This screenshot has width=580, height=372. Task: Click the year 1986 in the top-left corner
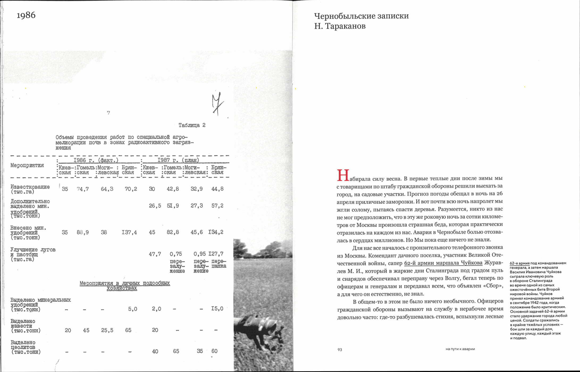[x=26, y=15]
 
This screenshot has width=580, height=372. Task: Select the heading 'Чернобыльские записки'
[x=361, y=16]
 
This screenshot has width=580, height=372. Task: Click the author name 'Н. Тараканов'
[x=340, y=26]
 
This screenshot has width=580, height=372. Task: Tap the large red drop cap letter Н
[x=343, y=176]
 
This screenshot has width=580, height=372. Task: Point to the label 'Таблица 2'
[x=192, y=125]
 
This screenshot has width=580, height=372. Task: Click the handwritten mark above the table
[x=217, y=104]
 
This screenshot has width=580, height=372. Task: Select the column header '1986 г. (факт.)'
[x=96, y=160]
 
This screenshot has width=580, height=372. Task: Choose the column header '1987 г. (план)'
[x=178, y=160]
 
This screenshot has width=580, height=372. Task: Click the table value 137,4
[x=129, y=232]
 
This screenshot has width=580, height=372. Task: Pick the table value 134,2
[x=216, y=232]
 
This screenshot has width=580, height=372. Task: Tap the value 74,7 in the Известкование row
[x=83, y=189]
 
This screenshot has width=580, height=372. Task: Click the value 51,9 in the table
[x=173, y=206]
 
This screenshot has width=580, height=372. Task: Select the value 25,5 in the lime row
[x=107, y=330]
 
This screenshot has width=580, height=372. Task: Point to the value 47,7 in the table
[x=155, y=254]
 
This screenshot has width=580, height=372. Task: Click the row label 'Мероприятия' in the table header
[x=27, y=165]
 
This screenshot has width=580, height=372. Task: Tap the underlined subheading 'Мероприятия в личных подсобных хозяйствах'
[x=124, y=285]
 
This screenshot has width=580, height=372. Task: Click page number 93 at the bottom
[x=340, y=350]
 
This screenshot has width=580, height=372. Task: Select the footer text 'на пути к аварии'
[x=460, y=349]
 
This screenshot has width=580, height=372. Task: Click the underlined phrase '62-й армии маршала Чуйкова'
[x=443, y=263]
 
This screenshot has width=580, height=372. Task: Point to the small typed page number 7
[x=108, y=113]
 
